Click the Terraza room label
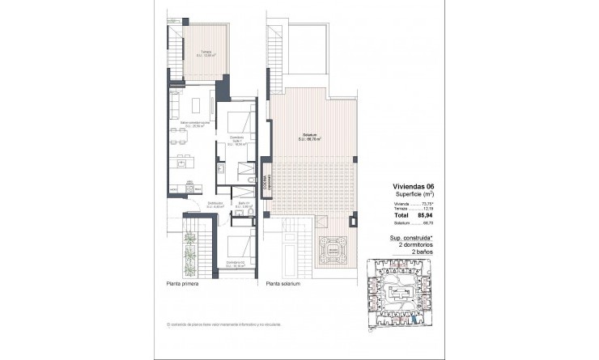207,53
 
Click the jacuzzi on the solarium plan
331,252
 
